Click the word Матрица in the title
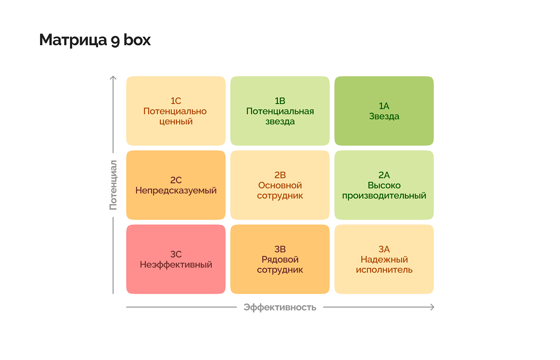pyautogui.click(x=73, y=40)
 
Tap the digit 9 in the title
pyautogui.click(x=115, y=41)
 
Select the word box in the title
pyautogui.click(x=137, y=39)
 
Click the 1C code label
pyautogui.click(x=176, y=101)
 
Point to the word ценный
pyautogui.click(x=176, y=122)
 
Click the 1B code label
pyautogui.click(x=280, y=101)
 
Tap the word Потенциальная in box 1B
pyautogui.click(x=280, y=111)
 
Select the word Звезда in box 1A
pyautogui.click(x=384, y=117)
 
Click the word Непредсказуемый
pyautogui.click(x=176, y=191)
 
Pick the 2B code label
pyautogui.click(x=280, y=175)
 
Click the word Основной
pyautogui.click(x=280, y=185)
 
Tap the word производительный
pyautogui.click(x=384, y=196)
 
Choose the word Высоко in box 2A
pyautogui.click(x=384, y=185)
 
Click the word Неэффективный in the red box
pyautogui.click(x=176, y=265)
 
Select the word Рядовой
pyautogui.click(x=280, y=260)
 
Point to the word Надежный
pyautogui.click(x=384, y=260)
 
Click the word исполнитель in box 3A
pyautogui.click(x=384, y=270)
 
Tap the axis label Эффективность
pyautogui.click(x=280, y=307)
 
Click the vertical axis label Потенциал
pyautogui.click(x=113, y=185)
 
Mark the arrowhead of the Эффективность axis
pyautogui.click(x=433, y=307)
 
